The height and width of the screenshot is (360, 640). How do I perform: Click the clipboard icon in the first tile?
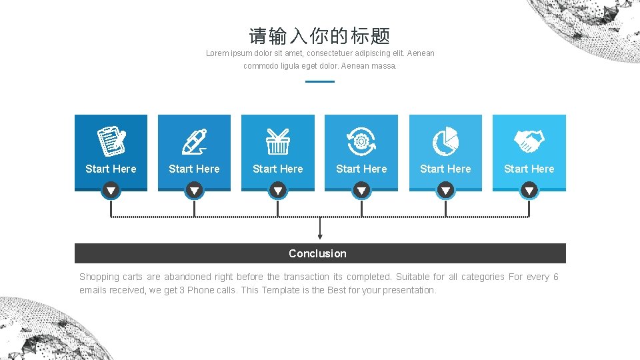click(x=111, y=141)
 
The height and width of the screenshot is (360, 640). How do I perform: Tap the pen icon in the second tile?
click(x=194, y=141)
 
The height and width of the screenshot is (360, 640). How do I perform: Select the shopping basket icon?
click(x=277, y=141)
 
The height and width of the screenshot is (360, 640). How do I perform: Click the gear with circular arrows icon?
click(x=361, y=141)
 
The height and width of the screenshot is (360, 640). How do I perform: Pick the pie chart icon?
click(x=445, y=141)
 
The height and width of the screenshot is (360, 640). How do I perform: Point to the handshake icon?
click(x=529, y=141)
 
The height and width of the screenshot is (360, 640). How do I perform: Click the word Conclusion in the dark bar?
click(x=317, y=253)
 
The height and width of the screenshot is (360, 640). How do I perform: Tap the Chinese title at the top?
click(x=319, y=36)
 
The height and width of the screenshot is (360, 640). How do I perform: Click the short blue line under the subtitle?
click(x=319, y=81)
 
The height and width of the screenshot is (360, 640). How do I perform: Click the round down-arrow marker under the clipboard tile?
click(x=111, y=191)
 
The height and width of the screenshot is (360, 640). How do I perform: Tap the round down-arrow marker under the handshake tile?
click(x=529, y=191)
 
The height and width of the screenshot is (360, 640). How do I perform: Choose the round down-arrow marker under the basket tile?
click(x=277, y=191)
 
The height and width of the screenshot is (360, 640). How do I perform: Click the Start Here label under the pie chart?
click(x=445, y=169)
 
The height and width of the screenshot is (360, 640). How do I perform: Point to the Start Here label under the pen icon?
click(x=194, y=169)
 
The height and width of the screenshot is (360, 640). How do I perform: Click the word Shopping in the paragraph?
click(x=99, y=277)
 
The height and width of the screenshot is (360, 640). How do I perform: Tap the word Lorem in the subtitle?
click(x=217, y=53)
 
